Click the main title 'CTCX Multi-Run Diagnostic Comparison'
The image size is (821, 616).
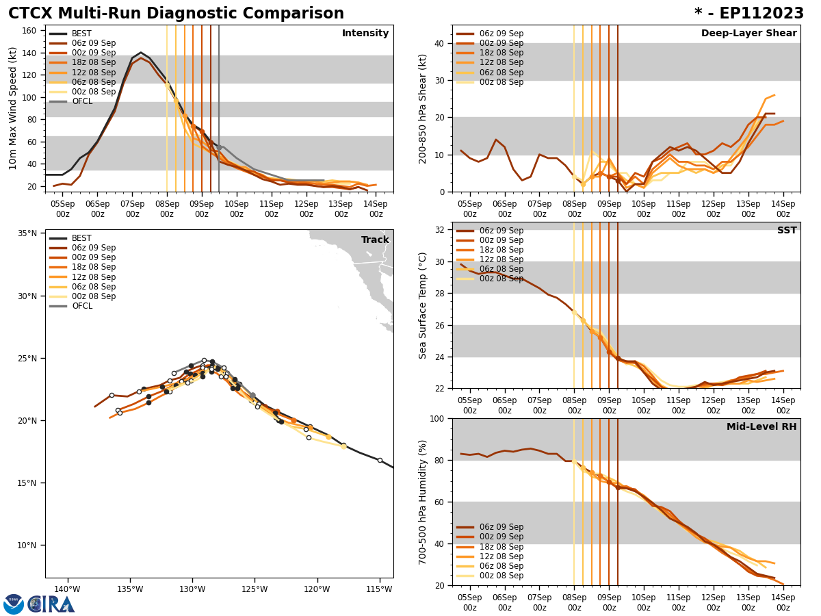coord(176,14)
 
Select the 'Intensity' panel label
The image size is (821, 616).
coord(365,34)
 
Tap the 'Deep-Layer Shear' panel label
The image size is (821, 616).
coord(748,34)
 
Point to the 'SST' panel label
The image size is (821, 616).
coord(787,231)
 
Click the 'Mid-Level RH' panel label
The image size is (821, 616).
coord(761,427)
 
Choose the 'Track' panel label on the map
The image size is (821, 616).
coord(375,240)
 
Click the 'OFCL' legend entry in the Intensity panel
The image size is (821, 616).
coord(82,101)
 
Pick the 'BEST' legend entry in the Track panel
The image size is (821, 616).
coord(81,238)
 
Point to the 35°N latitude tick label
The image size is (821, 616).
coord(27,233)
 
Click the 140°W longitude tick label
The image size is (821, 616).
coord(67,589)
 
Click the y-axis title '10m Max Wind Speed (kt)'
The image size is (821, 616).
coord(13,108)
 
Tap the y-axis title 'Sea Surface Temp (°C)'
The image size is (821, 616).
coord(423,305)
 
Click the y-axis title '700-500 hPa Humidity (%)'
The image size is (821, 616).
coord(423,502)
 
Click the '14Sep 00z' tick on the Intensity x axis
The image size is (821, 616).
coord(376,209)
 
